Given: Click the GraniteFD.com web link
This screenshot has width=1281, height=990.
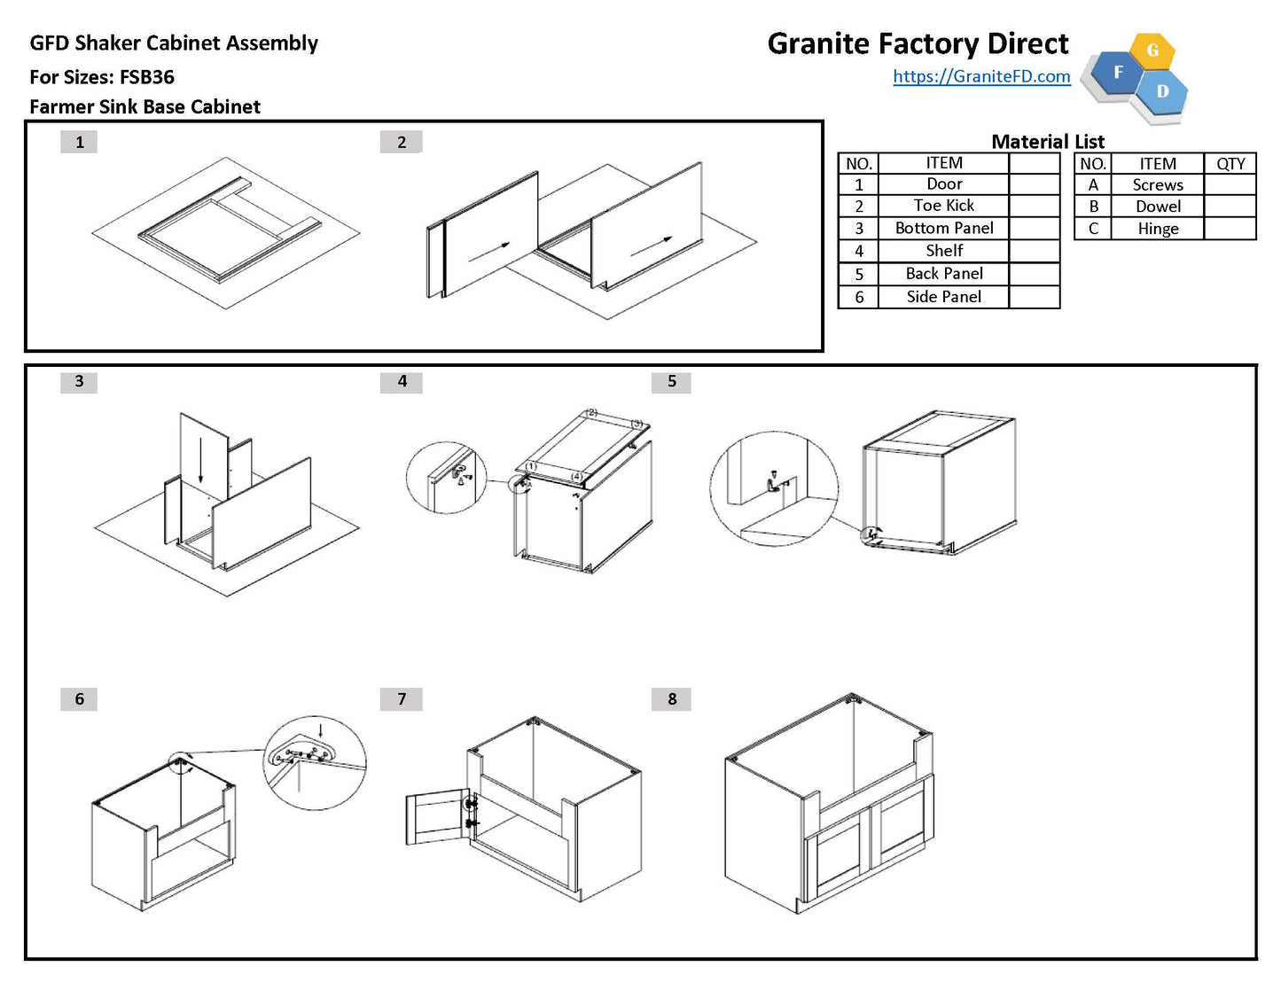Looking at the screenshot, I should click(x=981, y=76).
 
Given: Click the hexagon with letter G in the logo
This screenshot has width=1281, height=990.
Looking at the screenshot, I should click(x=1152, y=51).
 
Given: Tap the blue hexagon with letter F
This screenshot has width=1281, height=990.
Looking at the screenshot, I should click(x=1118, y=73).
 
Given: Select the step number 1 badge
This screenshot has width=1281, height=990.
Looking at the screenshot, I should click(x=79, y=142).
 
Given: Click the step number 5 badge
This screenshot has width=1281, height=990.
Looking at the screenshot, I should click(x=671, y=381).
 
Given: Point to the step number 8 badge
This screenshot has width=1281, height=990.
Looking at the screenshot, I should click(x=671, y=698).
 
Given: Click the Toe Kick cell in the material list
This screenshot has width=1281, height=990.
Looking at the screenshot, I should click(x=943, y=206).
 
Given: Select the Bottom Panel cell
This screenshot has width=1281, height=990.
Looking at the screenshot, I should click(x=943, y=228).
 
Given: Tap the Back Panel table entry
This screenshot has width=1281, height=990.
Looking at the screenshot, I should click(x=943, y=274).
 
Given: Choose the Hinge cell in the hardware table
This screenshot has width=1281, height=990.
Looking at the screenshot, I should click(x=1158, y=229).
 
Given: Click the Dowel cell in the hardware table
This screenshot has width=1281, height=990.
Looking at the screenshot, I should click(x=1158, y=207).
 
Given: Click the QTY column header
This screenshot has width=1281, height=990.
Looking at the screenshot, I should click(x=1230, y=164).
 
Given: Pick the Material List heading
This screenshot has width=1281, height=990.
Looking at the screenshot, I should click(x=1047, y=142).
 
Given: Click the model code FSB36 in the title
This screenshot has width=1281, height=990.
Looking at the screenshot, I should click(x=147, y=77).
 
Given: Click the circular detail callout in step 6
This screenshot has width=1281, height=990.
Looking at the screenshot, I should click(x=315, y=762).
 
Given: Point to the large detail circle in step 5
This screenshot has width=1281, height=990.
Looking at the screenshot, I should click(x=773, y=488).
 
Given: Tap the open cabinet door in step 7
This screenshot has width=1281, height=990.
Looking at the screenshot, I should click(x=436, y=817).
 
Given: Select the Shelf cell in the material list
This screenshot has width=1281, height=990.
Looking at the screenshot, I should click(x=943, y=251).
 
